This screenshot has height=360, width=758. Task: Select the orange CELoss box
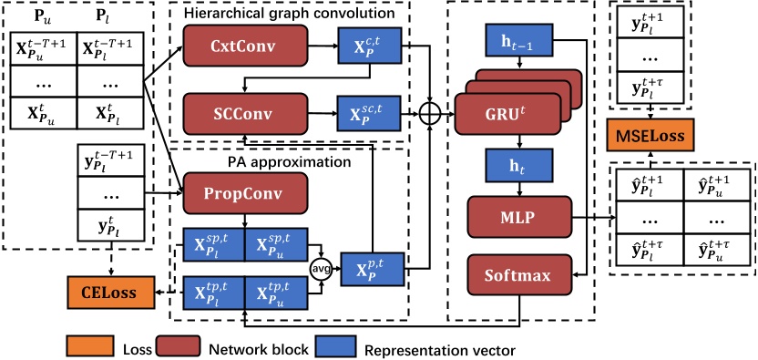pyautogui.click(x=101, y=292)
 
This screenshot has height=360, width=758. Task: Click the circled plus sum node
pyautogui.click(x=430, y=112)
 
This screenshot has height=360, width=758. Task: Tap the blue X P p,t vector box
pyautogui.click(x=372, y=269)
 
